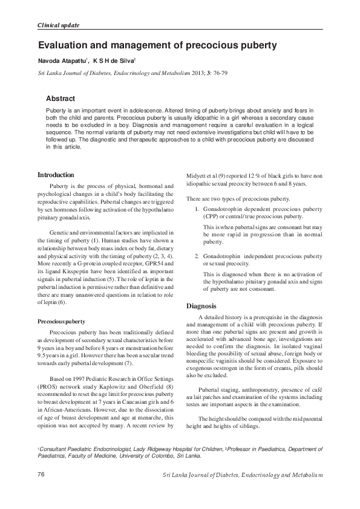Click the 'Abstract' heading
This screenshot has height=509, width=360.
(x=61, y=99)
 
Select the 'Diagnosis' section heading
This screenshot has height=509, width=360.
(x=201, y=306)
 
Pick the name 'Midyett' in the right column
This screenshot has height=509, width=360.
(x=197, y=175)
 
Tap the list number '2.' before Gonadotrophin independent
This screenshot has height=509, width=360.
(x=197, y=256)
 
